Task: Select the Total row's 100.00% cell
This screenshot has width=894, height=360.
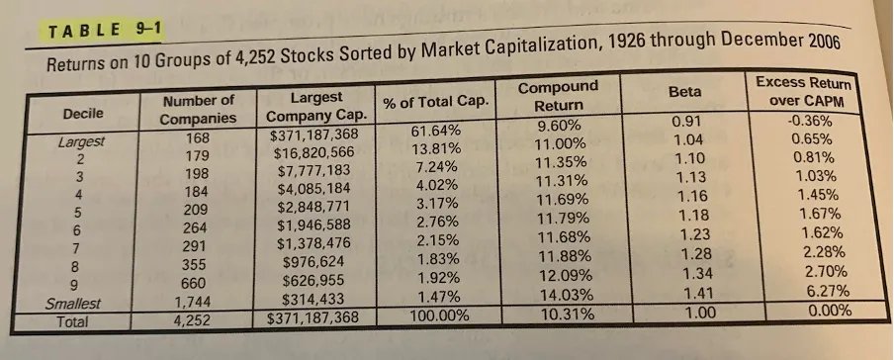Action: tap(439, 317)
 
